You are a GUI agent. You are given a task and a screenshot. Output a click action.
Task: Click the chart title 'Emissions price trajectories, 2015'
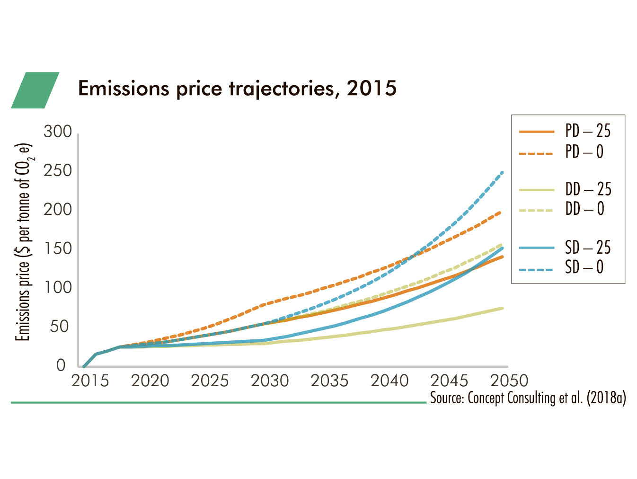click(237, 89)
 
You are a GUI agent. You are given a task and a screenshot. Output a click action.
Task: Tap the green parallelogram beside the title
click(35, 90)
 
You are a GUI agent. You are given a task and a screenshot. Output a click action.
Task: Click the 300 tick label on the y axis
click(58, 132)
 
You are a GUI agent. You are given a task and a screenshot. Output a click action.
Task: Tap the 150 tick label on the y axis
click(58, 248)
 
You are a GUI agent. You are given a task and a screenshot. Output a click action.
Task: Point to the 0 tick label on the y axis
click(61, 365)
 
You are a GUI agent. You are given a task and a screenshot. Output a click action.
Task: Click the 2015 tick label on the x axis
click(90, 381)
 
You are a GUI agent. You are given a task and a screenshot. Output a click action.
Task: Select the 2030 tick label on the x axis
click(270, 381)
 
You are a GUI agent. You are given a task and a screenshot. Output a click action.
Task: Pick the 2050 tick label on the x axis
click(509, 381)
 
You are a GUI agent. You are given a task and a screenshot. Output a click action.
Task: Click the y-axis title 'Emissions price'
click(23, 241)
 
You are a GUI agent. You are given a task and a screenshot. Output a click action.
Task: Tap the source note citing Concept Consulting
click(528, 398)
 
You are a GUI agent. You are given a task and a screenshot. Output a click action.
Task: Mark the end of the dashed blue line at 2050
click(502, 172)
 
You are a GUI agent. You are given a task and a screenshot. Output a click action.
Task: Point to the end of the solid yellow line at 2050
click(502, 308)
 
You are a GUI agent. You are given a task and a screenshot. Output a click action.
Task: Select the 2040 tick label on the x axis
click(389, 381)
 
